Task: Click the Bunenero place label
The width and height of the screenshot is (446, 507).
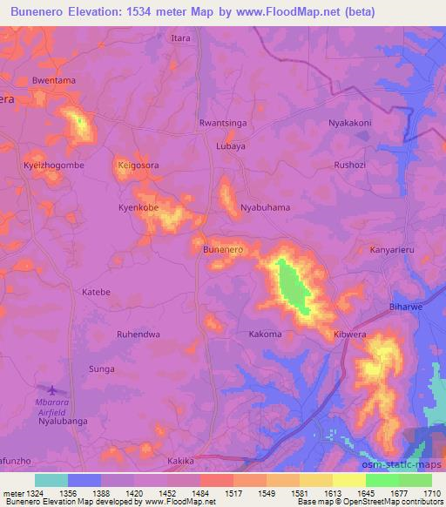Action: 222,250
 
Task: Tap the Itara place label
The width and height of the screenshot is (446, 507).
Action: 180,38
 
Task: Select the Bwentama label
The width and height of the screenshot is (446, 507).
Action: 54,81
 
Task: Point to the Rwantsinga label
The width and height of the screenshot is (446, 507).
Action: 223,123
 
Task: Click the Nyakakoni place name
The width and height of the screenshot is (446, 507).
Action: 349,123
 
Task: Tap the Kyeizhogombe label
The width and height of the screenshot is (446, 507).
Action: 53,165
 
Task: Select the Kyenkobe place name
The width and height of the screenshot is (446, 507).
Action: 139,208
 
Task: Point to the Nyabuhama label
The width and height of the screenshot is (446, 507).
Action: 265,208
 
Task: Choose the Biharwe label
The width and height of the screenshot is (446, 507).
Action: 405,308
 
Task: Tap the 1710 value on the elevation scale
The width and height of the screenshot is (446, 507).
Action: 431,494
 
